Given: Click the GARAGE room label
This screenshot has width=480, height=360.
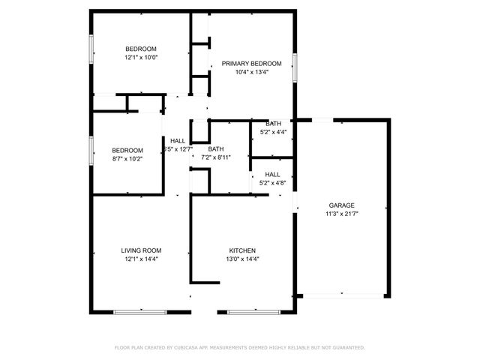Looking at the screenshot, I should click(341, 205).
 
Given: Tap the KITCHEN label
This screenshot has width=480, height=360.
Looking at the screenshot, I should click(243, 250).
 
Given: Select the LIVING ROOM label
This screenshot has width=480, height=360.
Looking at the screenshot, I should click(141, 250).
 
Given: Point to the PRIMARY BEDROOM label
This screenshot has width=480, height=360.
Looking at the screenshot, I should click(251, 64).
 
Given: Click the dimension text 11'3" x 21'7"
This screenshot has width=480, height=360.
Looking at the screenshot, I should click(341, 214).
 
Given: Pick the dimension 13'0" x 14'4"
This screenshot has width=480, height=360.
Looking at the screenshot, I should click(243, 259).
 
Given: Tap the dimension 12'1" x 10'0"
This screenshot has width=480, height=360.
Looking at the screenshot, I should click(141, 57).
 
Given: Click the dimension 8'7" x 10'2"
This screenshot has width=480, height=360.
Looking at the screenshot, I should click(127, 158).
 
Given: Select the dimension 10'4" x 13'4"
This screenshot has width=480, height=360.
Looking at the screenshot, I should click(251, 73).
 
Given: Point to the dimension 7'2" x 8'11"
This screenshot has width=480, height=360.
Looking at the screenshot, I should click(216, 157).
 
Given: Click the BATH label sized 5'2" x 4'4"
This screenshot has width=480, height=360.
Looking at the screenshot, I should click(273, 123).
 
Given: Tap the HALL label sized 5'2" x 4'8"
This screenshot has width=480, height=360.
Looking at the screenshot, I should click(273, 174).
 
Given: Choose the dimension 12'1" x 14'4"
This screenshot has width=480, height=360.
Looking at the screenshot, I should click(141, 259).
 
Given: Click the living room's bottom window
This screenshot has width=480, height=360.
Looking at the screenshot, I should click(141, 311).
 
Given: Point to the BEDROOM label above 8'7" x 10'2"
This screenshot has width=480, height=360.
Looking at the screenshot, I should click(127, 149).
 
